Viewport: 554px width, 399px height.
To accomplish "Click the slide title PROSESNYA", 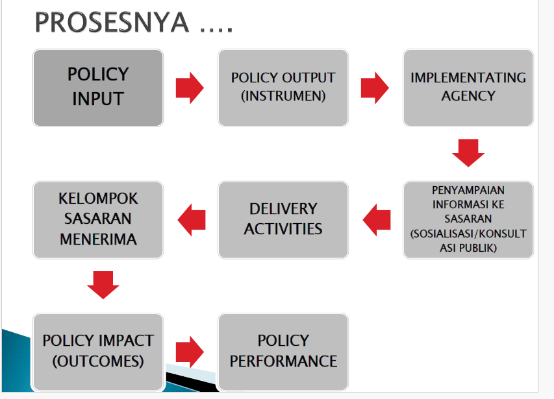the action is point(134,22).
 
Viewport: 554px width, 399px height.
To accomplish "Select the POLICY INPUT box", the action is point(98,88).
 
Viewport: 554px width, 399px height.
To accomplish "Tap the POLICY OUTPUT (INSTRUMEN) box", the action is point(283,88).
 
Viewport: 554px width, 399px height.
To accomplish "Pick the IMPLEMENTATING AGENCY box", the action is point(468,88).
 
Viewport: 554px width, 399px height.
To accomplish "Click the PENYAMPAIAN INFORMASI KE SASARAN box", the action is point(468,220).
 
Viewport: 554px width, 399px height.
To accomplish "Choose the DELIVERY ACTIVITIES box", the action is point(283,220).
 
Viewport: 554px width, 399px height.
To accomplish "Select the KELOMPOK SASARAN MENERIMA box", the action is point(98,220).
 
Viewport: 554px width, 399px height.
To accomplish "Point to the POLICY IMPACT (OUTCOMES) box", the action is point(98,352).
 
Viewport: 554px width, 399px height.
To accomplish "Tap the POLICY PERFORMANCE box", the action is point(283,352).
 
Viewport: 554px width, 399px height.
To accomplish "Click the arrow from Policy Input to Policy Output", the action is point(190,88).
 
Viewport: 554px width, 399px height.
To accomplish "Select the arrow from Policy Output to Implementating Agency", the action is point(375,88).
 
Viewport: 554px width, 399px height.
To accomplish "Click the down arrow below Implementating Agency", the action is point(468,152).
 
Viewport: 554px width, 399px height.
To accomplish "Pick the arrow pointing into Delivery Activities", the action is point(377,220).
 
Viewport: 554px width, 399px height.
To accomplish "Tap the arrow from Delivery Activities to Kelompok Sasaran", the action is point(192,220).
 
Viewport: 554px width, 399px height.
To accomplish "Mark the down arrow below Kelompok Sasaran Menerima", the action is point(103,285).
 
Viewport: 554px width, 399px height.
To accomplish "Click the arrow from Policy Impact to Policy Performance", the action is point(190,352).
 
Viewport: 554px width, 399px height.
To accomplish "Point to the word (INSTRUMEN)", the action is point(283,96).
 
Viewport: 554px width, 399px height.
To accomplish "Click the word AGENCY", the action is point(468,96).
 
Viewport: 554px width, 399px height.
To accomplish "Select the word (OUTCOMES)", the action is point(98,361).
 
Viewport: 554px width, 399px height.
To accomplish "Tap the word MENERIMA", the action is point(98,239).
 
